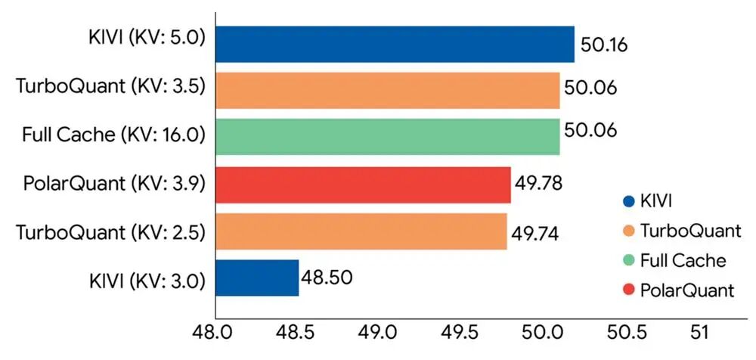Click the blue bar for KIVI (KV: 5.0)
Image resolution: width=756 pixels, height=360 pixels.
pos(395,43)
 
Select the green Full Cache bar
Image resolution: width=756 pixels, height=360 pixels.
pos(388,137)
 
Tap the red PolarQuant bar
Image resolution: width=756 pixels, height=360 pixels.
pos(364,185)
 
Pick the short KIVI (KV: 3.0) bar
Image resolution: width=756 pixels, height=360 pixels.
pos(258,278)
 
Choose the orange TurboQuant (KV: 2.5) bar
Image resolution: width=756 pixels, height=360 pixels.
pos(361,231)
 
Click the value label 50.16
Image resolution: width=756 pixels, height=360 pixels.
pos(604,46)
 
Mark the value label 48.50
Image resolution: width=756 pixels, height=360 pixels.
pos(326,275)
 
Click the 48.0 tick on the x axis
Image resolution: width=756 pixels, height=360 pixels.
pos(215,334)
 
